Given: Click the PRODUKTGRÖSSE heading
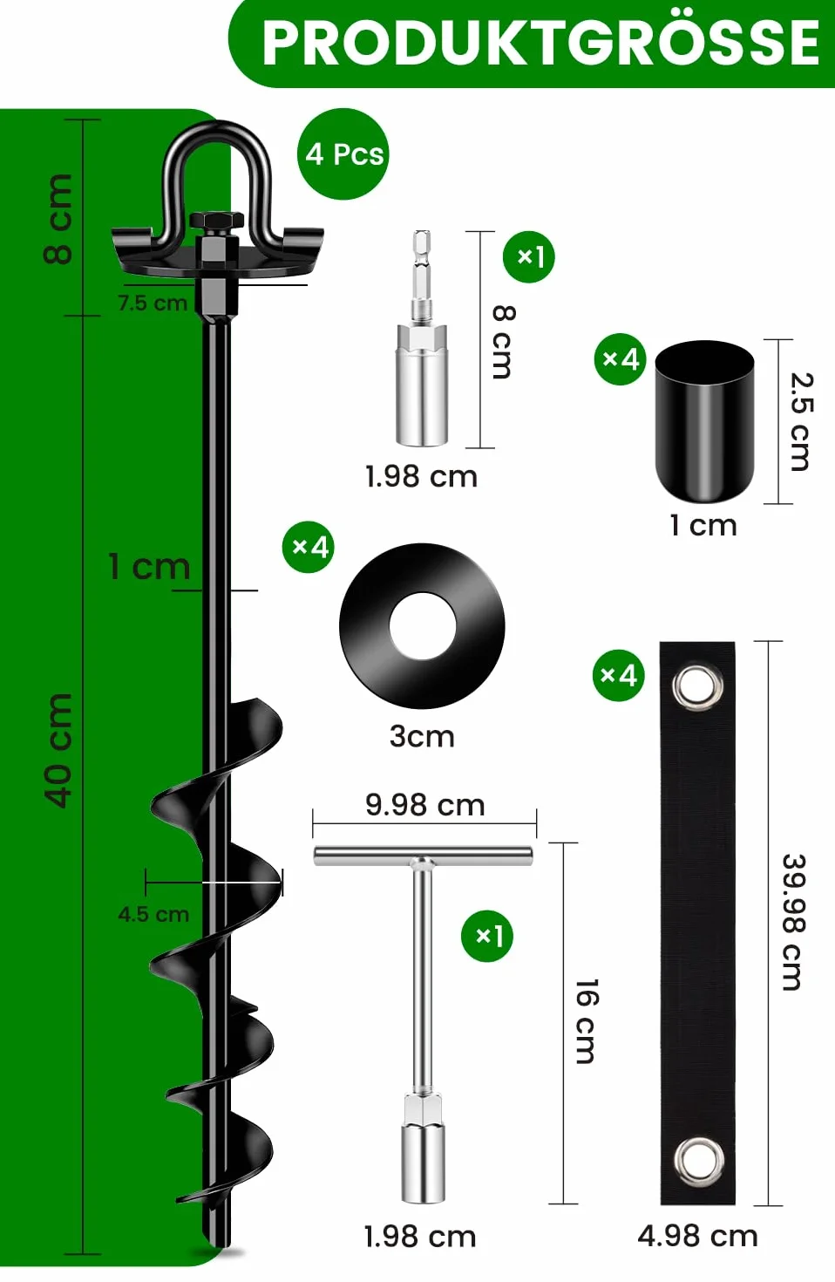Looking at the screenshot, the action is pos(541,42).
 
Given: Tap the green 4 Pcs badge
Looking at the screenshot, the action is pos(343,154).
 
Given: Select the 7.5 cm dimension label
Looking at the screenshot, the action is pos(153,303).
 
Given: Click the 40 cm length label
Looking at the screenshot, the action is pos(59,750).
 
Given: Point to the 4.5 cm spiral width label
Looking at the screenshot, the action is pos(153,914).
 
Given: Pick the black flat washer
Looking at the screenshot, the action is pos(422,625).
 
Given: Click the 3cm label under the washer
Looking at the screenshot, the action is pos(422,736).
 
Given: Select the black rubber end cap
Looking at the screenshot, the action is pos(704,421).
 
